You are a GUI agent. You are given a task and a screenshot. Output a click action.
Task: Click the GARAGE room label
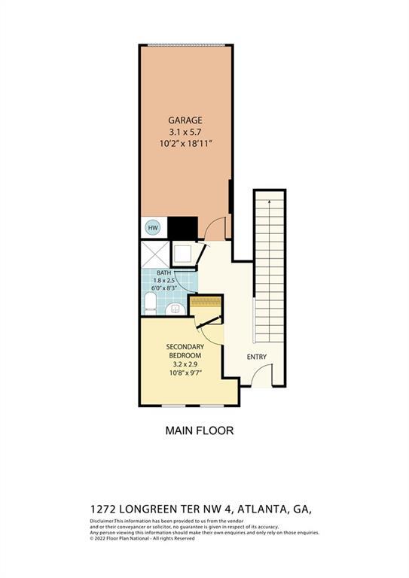185,120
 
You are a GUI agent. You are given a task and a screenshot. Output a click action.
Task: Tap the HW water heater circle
151,227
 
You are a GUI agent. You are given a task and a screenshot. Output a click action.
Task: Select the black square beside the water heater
182,227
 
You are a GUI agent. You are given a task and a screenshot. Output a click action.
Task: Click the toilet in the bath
150,304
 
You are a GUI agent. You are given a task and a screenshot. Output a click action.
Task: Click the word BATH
164,273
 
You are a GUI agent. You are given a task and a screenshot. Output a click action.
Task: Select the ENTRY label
257,357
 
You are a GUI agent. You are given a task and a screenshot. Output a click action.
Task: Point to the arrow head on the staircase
270,200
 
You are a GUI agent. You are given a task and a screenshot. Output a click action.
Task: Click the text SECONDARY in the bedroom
185,347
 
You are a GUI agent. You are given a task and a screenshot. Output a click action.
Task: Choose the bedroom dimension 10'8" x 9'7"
185,370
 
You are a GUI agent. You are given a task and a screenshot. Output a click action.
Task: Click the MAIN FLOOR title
199,431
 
